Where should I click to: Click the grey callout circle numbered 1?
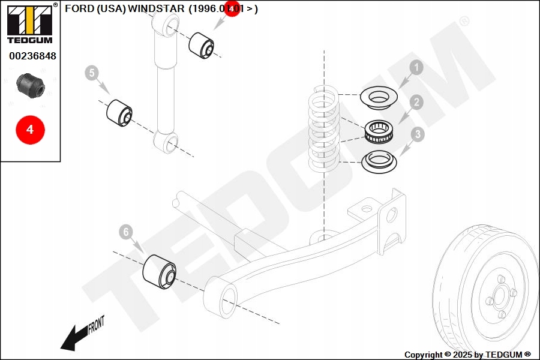coord(416,68)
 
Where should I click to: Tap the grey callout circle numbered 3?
coord(416,135)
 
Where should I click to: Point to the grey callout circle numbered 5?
coord(91,73)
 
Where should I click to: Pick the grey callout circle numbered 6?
coord(125,231)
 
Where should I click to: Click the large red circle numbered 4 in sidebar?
coord(30,129)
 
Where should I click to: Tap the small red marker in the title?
coord(232,10)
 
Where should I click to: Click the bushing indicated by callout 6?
coord(160,271)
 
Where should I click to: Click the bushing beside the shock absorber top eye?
coord(202,46)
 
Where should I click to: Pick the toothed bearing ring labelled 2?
coord(380,131)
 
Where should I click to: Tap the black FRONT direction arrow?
coord(74,338)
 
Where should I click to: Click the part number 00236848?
coord(32,56)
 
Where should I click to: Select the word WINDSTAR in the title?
coord(157,9)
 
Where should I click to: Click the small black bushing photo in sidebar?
coord(30,85)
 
